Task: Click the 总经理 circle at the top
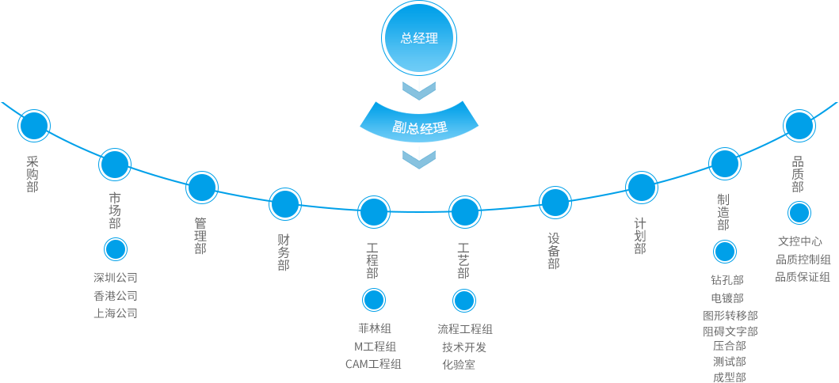[419, 37]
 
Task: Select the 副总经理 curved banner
[419, 126]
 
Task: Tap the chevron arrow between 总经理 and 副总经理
[419, 89]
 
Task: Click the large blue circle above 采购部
[34, 125]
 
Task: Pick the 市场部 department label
[115, 210]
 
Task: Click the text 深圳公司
[116, 278]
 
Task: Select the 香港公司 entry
[116, 295]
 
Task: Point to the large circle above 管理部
[202, 188]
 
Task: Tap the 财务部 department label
[284, 252]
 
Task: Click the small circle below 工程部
[374, 300]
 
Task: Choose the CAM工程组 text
[373, 364]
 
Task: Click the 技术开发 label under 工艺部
[464, 347]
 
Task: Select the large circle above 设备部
[555, 203]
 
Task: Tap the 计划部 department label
[640, 236]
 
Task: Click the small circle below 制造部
[725, 252]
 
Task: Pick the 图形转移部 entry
[730, 315]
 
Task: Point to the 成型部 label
[729, 377]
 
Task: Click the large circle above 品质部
[799, 125]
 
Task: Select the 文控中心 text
[799, 241]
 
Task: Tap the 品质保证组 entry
[803, 276]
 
